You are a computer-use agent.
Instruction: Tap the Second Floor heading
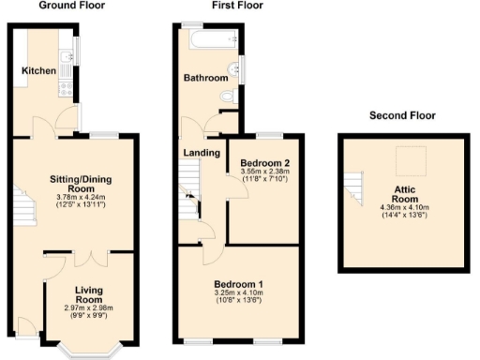point(401,115)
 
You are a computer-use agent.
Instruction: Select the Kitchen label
point(39,71)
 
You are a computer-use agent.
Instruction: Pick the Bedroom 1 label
point(238,284)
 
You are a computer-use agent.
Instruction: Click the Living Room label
point(88,295)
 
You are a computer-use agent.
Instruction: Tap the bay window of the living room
point(88,349)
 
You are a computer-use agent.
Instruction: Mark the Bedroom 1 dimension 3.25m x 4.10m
point(238,293)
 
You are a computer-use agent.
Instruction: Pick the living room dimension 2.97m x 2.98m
point(88,308)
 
